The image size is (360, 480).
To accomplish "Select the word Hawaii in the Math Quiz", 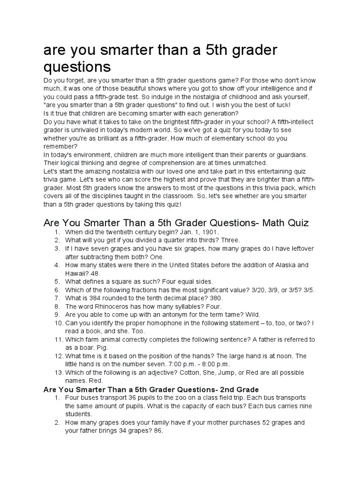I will tap(75, 273).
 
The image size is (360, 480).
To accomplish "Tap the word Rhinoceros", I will tap(100, 306).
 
